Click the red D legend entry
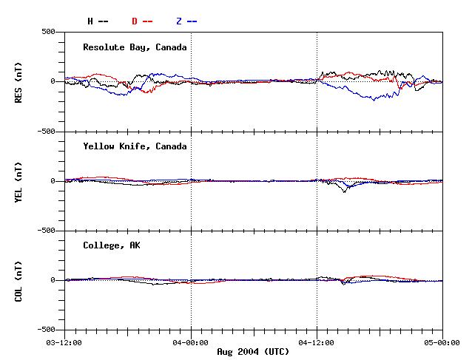click(142, 21)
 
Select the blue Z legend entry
click(186, 21)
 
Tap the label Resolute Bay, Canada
click(135, 47)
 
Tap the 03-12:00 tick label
click(64, 342)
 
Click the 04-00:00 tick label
click(191, 342)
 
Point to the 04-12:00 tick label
click(317, 342)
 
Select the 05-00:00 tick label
click(442, 342)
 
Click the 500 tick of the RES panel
click(49, 32)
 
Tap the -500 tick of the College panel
click(47, 330)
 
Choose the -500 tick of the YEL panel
click(47, 231)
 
